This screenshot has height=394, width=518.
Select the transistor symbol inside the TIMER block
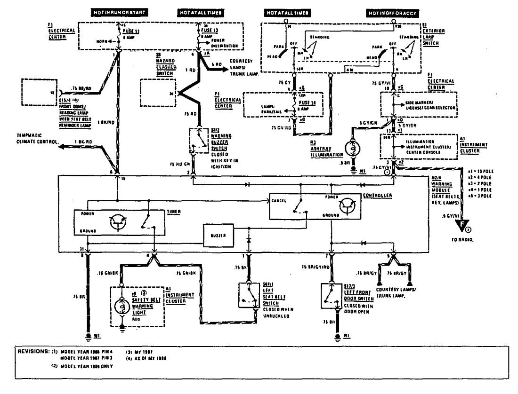(x=118, y=223)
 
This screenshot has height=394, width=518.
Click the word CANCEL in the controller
(x=280, y=200)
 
